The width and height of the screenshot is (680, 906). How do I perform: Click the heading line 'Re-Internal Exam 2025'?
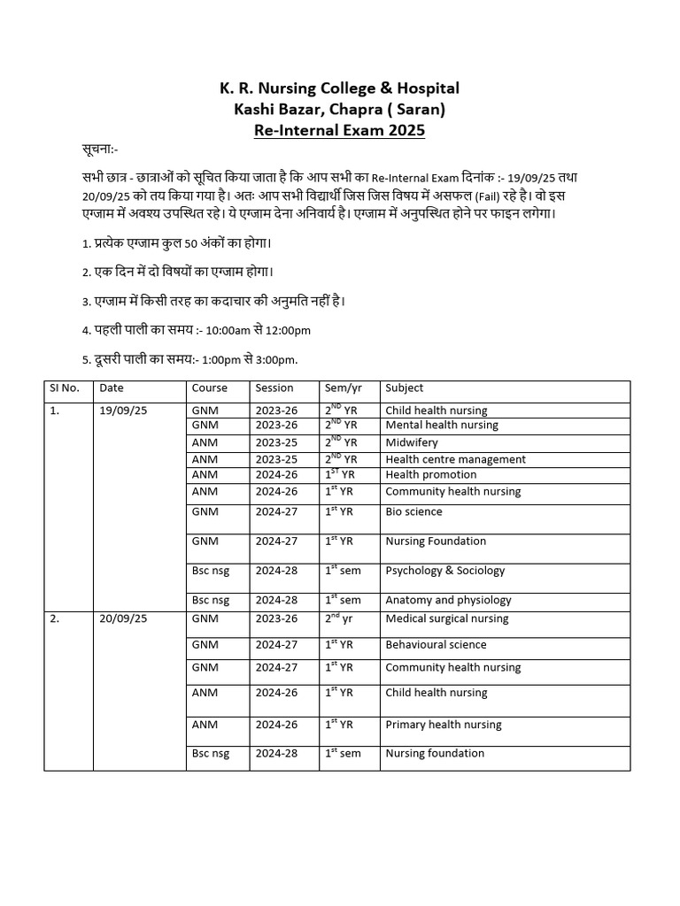[x=339, y=131]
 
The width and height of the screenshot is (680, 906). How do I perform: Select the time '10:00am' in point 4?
[x=228, y=331]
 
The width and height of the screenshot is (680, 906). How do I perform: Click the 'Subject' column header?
[x=404, y=388]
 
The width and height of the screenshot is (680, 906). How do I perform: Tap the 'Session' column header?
[x=274, y=388]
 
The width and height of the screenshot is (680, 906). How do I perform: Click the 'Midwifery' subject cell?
[x=411, y=442]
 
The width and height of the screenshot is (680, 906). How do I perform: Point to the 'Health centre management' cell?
[x=455, y=459]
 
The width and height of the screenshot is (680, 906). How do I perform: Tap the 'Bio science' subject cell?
[x=413, y=511]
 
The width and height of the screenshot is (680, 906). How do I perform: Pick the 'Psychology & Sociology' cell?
[x=445, y=571]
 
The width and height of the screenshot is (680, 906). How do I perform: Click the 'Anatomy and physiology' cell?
[x=448, y=600]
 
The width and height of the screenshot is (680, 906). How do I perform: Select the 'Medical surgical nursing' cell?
[x=447, y=619]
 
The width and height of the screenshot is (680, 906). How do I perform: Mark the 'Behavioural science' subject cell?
[x=436, y=645]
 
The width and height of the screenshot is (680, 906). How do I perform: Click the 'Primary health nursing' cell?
[x=443, y=725]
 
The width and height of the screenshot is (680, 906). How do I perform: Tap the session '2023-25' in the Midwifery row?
[x=276, y=442]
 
